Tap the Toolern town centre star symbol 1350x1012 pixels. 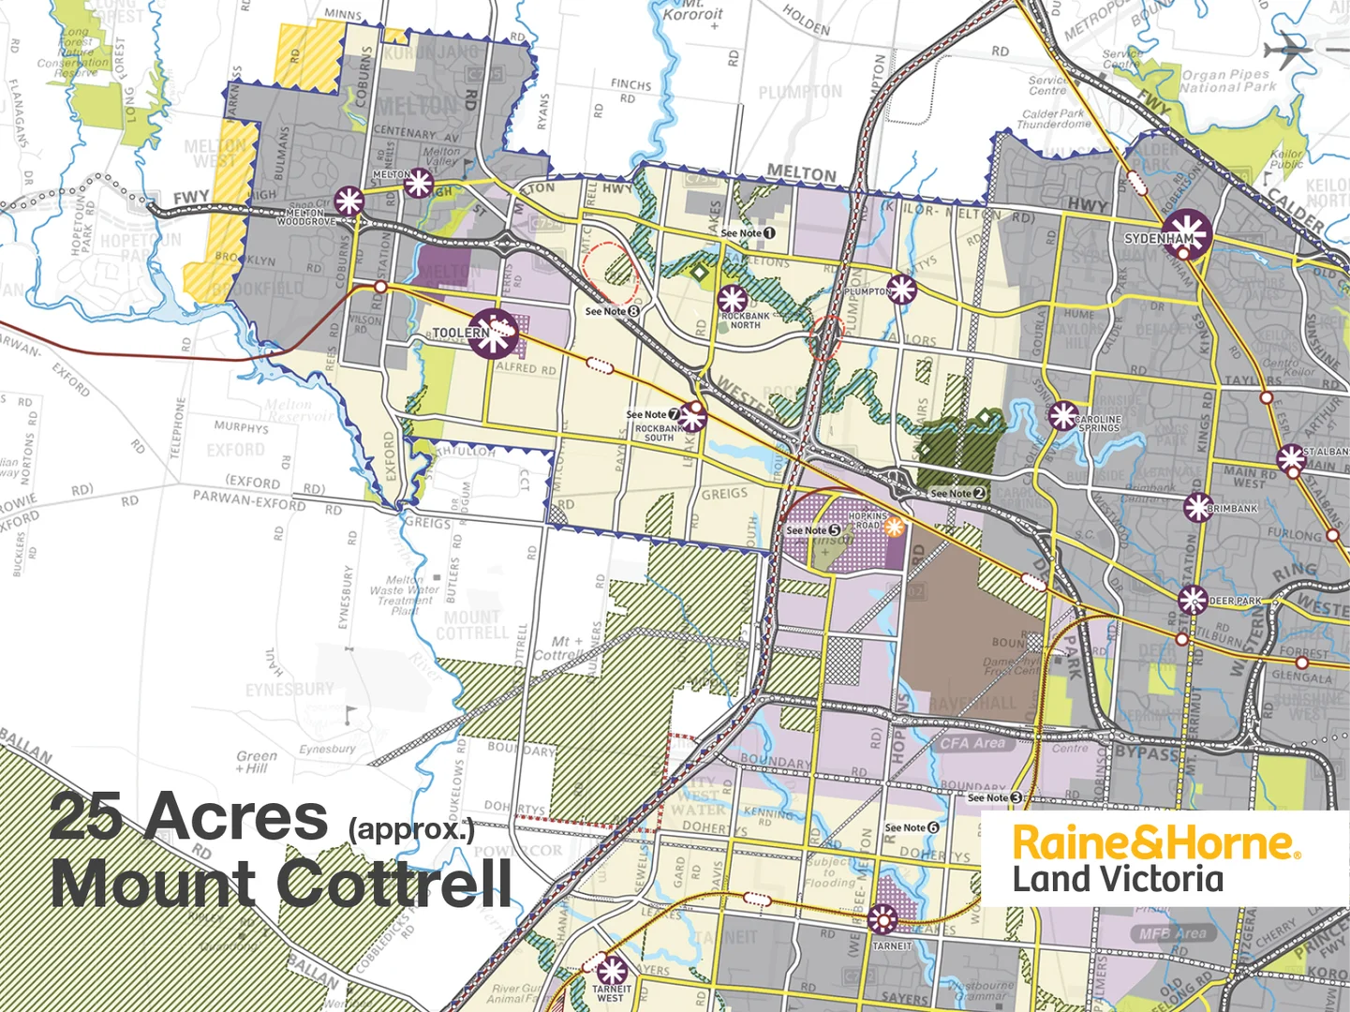point(494,333)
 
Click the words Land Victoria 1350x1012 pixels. point(1118,880)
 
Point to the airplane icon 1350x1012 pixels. point(1290,46)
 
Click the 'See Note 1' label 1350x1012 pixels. point(748,232)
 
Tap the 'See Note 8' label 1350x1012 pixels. point(612,311)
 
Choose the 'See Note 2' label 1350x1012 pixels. point(957,493)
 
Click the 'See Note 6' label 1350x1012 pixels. point(912,827)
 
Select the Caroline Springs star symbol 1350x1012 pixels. point(1063,415)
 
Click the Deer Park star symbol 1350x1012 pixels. point(1192,599)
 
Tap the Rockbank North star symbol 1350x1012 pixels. point(732,300)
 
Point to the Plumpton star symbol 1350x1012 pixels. point(902,290)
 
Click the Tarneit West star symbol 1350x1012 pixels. point(612,970)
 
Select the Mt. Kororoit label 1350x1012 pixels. point(692,11)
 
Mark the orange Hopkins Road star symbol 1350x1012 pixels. point(894,526)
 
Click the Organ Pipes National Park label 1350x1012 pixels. point(1227,81)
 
